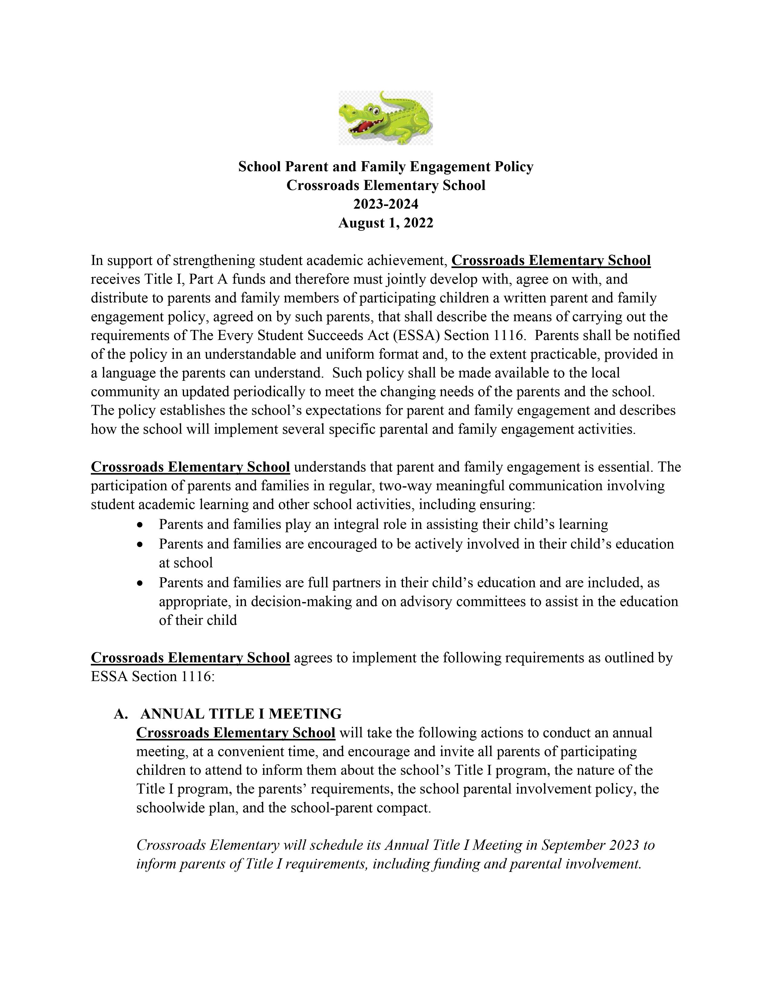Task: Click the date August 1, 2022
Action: [x=385, y=223]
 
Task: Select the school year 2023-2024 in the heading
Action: [x=385, y=204]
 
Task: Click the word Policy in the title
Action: [x=512, y=167]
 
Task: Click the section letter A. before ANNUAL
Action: [x=121, y=714]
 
